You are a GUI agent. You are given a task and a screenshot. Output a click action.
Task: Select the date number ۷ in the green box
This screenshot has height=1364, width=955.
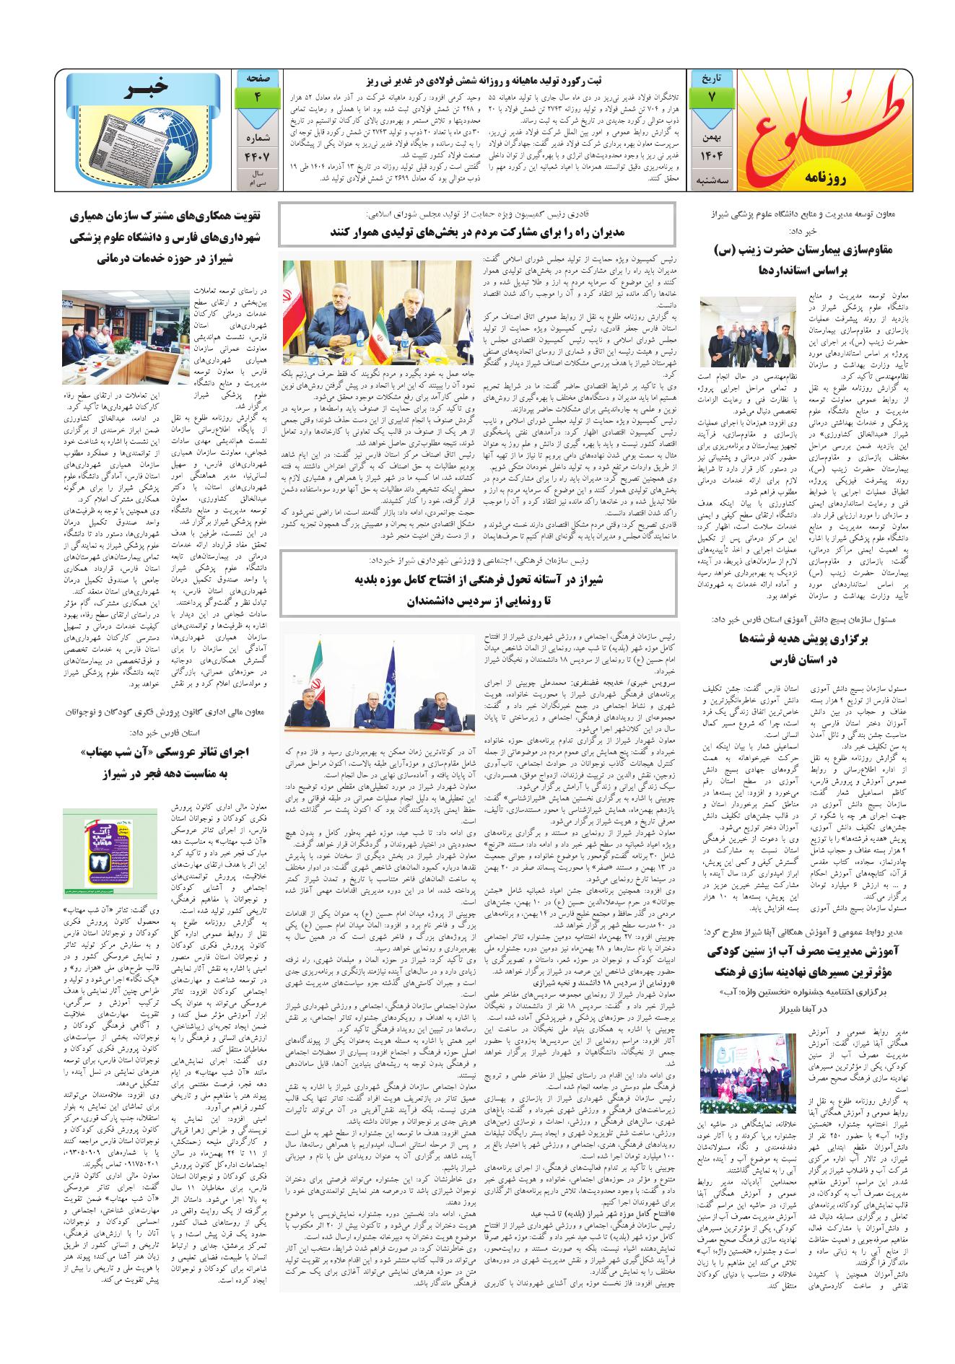[712, 99]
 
